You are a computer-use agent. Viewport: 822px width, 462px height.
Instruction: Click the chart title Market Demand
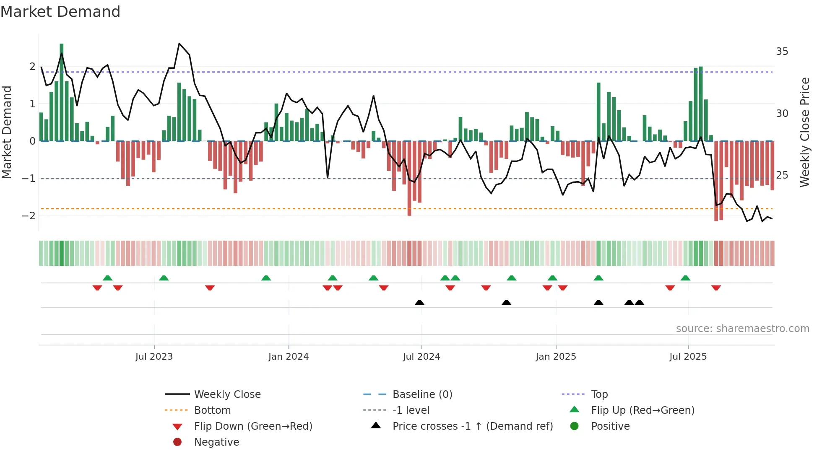(60, 12)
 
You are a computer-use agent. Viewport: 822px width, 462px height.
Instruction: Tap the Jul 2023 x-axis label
(154, 357)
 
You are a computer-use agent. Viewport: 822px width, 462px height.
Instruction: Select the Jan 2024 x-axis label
(289, 357)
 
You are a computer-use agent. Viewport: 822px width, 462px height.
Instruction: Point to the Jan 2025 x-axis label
(556, 357)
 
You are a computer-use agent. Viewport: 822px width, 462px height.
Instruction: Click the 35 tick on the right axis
(782, 52)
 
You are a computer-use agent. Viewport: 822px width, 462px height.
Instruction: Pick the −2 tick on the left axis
(29, 216)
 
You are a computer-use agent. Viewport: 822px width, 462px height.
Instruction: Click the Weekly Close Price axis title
(804, 132)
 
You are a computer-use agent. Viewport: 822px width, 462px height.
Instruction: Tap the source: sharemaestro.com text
(742, 329)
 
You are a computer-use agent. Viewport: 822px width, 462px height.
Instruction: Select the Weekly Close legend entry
(227, 395)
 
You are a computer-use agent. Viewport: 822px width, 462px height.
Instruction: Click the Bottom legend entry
(212, 410)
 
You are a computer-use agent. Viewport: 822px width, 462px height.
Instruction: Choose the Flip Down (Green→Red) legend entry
(253, 426)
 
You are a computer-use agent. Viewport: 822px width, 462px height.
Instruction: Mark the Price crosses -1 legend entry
(472, 426)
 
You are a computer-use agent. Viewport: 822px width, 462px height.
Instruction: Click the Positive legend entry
(610, 426)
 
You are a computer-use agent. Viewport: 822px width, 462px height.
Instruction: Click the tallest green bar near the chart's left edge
(62, 92)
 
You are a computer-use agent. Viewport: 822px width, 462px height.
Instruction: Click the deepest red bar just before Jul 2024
(409, 178)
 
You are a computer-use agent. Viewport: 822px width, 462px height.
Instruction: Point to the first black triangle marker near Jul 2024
(419, 302)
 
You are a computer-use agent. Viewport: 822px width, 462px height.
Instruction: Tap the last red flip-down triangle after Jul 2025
(716, 288)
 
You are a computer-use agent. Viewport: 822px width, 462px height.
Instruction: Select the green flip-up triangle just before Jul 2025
(685, 278)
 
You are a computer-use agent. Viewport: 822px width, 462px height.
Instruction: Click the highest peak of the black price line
(179, 44)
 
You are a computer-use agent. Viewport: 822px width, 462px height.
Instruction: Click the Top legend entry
(599, 395)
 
